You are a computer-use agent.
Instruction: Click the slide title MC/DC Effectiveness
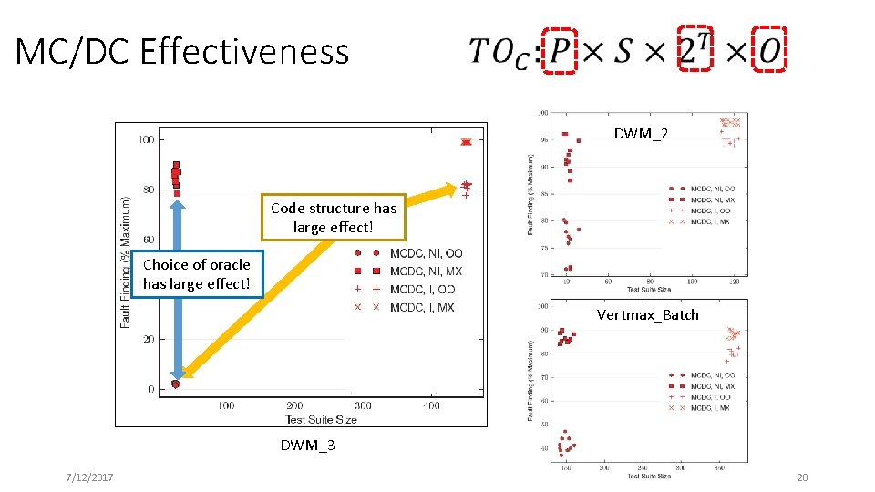(181, 52)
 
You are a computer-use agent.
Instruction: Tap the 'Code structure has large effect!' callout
(334, 217)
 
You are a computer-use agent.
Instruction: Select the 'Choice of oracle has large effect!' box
(196, 274)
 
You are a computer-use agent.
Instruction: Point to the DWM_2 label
(640, 134)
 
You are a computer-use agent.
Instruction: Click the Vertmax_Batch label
(647, 314)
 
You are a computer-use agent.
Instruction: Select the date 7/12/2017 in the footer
(89, 478)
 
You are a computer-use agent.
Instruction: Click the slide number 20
(802, 478)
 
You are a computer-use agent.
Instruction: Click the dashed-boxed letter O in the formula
(769, 51)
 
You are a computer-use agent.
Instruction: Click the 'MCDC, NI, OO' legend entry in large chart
(426, 253)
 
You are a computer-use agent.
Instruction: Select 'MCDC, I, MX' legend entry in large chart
(421, 307)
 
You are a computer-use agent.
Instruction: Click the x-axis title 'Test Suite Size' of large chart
(321, 419)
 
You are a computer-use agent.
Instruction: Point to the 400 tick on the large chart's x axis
(431, 405)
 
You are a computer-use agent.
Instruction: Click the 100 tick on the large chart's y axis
(145, 139)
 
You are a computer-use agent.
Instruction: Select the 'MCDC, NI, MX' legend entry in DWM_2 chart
(712, 200)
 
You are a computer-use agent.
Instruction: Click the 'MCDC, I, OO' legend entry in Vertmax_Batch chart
(710, 397)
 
